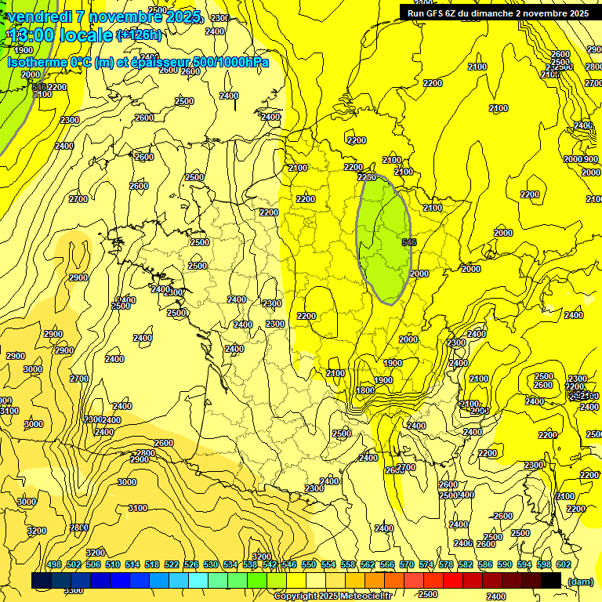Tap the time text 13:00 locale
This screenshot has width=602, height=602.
60,35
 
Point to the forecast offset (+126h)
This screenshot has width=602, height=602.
139,35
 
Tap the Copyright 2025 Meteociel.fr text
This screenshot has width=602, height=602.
332,596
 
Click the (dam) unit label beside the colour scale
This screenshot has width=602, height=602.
579,581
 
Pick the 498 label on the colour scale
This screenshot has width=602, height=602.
54,564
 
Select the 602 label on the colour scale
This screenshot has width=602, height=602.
564,564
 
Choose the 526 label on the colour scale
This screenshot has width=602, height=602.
191,564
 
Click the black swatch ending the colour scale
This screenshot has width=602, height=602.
551,580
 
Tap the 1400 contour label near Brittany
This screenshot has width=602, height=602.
125,300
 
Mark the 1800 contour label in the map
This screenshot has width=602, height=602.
364,390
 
